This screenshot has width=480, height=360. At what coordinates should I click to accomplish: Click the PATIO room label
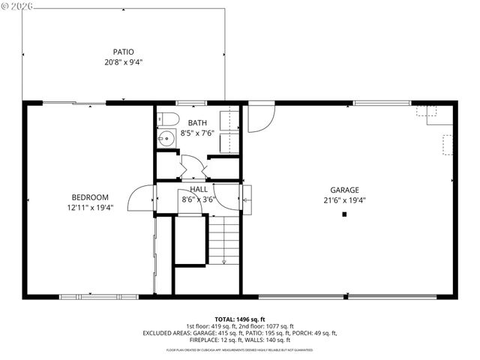pyautogui.click(x=123, y=52)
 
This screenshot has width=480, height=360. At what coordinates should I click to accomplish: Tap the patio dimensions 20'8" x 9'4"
pyautogui.click(x=123, y=62)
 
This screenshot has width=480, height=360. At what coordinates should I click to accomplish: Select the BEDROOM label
pyautogui.click(x=90, y=197)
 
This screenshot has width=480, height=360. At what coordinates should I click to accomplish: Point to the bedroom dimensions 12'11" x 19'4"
pyautogui.click(x=90, y=208)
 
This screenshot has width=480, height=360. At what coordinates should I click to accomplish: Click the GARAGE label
pyautogui.click(x=345, y=190)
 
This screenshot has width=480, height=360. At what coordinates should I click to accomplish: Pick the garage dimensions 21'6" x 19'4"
pyautogui.click(x=345, y=200)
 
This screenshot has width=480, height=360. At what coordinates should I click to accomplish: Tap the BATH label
pyautogui.click(x=197, y=122)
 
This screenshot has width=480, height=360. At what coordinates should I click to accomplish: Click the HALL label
pyautogui.click(x=199, y=190)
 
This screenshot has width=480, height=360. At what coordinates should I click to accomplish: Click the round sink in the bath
pyautogui.click(x=166, y=138)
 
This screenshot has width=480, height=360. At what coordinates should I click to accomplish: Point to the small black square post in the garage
pyautogui.click(x=344, y=215)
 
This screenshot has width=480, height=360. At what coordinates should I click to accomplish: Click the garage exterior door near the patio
pyautogui.click(x=259, y=118)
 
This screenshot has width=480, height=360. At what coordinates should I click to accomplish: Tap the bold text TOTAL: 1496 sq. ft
pyautogui.click(x=240, y=318)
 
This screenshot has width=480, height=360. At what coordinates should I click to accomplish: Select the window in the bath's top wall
pyautogui.click(x=190, y=103)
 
